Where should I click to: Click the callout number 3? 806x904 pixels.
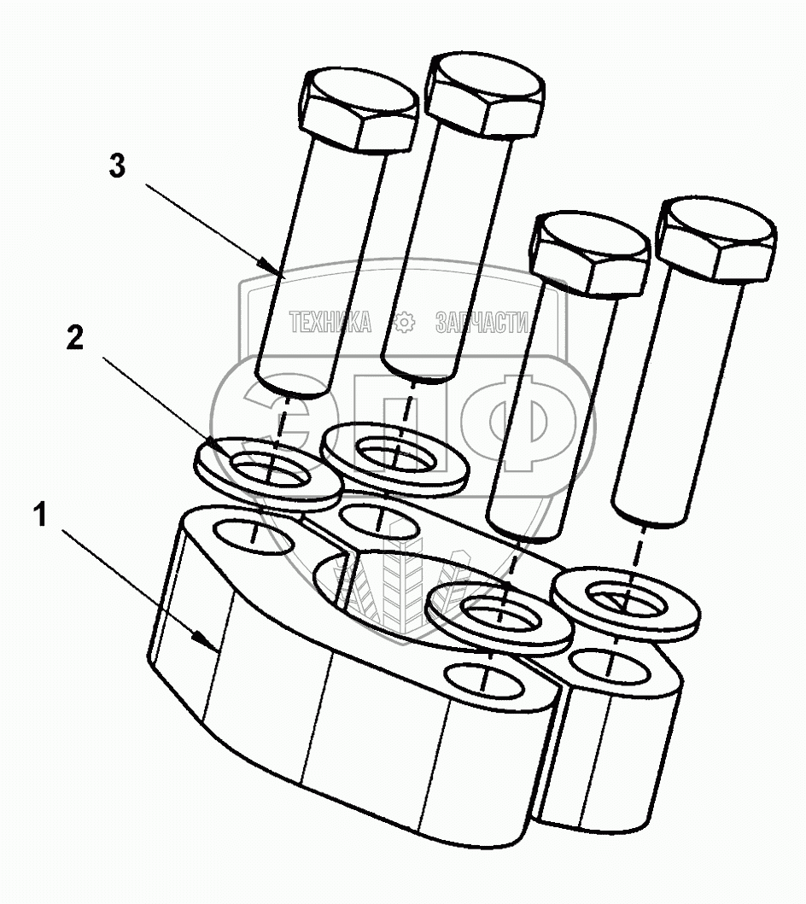coord(117,166)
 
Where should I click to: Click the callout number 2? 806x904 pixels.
coord(75,338)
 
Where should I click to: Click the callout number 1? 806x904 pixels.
coord(39,514)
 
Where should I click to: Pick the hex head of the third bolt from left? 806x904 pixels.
coord(590,254)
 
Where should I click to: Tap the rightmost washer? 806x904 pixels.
coord(627,604)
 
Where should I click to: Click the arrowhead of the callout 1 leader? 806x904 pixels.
coord(205,639)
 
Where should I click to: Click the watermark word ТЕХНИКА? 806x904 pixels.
coord(330,322)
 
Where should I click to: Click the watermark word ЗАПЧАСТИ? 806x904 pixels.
coord(482,322)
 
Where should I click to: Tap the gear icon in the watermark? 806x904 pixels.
coord(404,322)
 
